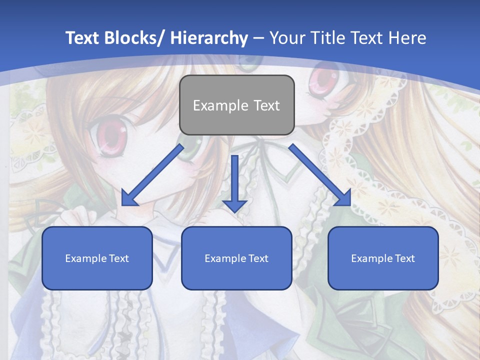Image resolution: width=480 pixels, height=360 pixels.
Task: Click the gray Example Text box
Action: click(236, 105)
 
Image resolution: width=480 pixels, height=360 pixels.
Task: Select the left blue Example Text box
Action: click(97, 258)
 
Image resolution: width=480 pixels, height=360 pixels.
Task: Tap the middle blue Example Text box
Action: click(236, 258)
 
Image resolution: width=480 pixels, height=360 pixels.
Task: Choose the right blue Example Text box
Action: click(383, 258)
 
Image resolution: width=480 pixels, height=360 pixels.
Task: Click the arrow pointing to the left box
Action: click(152, 175)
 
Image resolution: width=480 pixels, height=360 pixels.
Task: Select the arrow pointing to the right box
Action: click(320, 175)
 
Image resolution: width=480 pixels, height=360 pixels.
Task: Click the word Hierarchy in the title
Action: click(209, 38)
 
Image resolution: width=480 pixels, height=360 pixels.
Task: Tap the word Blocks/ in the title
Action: click(135, 38)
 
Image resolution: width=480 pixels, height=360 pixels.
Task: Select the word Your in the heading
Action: click(285, 38)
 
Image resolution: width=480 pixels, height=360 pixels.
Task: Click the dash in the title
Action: click(258, 38)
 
